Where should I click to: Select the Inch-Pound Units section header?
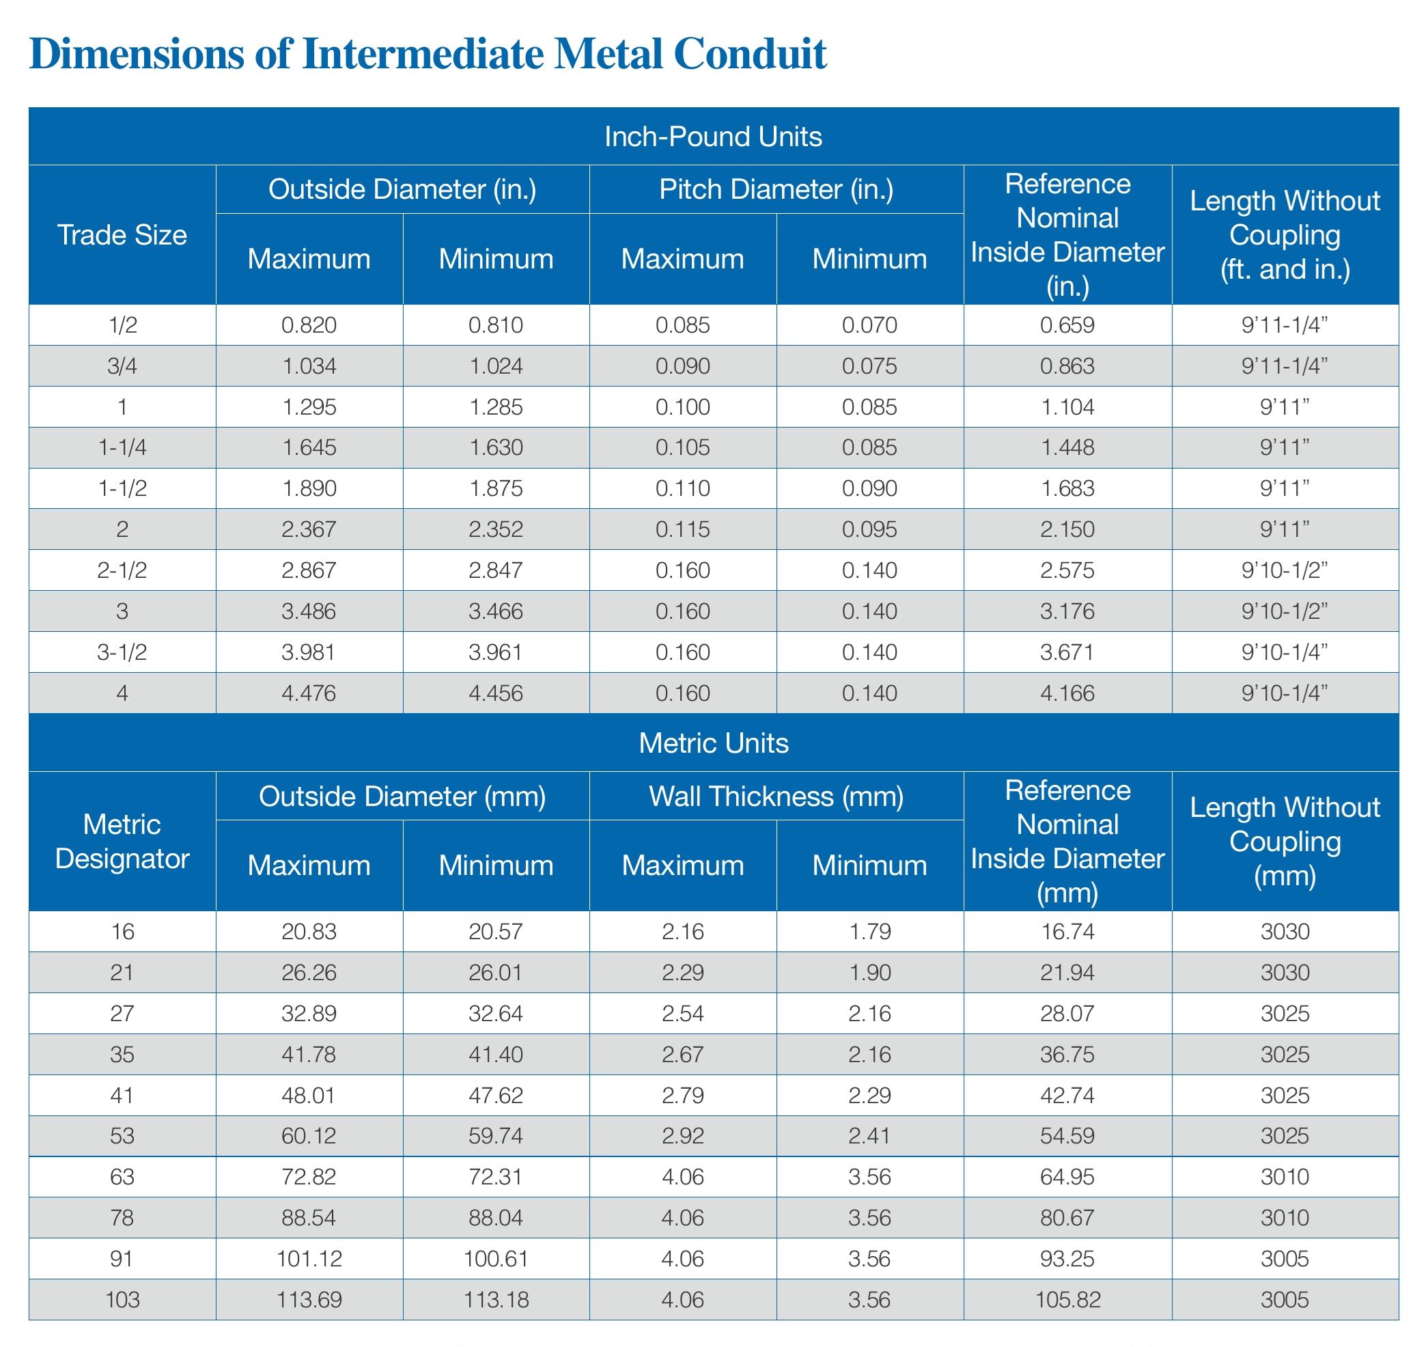(712, 137)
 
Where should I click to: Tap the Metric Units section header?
(712, 742)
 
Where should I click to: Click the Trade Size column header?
(122, 235)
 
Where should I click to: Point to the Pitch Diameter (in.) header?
(776, 190)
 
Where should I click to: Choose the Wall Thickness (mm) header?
(776, 796)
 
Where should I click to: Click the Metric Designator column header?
(122, 842)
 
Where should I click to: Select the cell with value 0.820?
(309, 325)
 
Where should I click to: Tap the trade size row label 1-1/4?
(122, 447)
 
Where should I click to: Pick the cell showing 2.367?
(309, 529)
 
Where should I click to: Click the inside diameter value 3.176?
(1067, 611)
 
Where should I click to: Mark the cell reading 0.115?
(682, 529)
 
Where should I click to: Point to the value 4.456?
(496, 693)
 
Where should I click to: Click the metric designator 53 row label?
(122, 1136)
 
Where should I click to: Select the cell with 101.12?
(309, 1259)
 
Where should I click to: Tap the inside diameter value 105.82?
(1067, 1300)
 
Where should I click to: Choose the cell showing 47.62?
(496, 1095)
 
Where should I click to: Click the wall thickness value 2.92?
(682, 1136)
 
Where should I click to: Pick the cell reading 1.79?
(869, 932)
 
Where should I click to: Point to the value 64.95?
(1067, 1177)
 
